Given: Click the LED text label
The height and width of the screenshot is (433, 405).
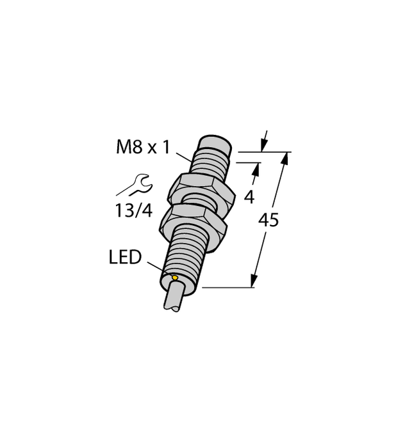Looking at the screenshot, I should click(124, 258).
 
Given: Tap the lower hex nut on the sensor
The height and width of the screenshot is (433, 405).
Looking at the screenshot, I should click(195, 221).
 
